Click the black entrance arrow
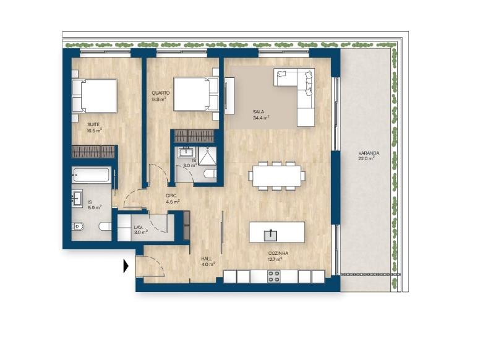point(126,266)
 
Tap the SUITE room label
point(93,124)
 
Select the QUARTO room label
point(161,93)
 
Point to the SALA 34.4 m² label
point(261,114)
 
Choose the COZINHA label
point(278,254)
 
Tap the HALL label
point(207,259)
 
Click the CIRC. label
point(171,195)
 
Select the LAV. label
point(139,227)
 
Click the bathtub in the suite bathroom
point(91,175)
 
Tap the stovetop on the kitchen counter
point(274,276)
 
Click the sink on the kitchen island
point(270,235)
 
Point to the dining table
point(276,176)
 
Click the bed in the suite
point(95,96)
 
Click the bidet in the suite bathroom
point(78,227)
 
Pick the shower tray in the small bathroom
point(207,156)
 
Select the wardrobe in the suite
point(93,152)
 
